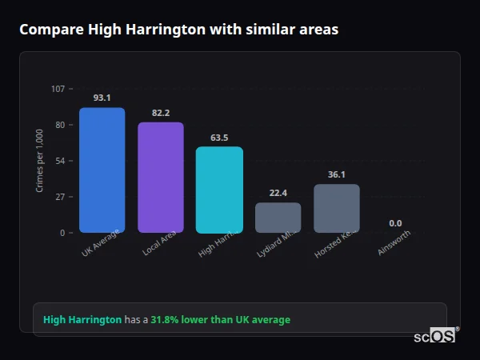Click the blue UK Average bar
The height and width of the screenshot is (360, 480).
pos(102,170)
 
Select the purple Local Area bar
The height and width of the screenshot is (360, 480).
pos(161,177)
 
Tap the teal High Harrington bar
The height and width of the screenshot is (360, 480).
pos(219,190)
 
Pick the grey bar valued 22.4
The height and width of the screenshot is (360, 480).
pos(278,217)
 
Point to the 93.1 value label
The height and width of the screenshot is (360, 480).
pos(102,98)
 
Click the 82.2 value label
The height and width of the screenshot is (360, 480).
pos(161,113)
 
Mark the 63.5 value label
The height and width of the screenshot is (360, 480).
pos(219,138)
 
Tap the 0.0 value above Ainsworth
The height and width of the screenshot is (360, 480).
pos(395,223)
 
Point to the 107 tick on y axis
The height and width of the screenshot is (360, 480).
pos(58,89)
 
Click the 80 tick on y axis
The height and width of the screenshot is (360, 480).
pos(60,125)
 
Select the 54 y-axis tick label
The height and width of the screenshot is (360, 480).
pos(60,161)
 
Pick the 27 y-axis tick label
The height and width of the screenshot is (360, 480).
pos(60,197)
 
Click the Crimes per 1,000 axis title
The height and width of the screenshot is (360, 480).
pos(40,162)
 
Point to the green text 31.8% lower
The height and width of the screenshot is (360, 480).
pos(220,320)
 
